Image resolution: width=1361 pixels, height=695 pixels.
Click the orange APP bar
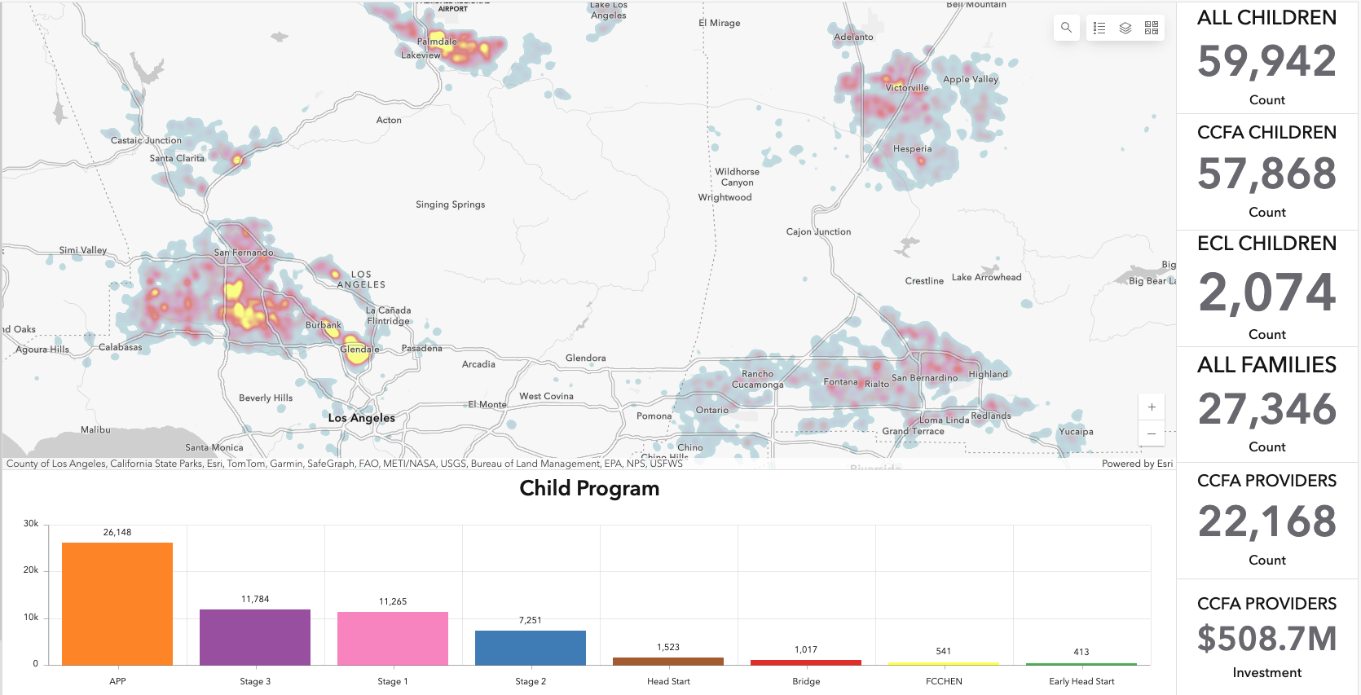[x=117, y=603]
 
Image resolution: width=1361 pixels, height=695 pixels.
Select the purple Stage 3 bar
[x=255, y=636]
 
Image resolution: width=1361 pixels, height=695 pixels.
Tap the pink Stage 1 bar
[x=393, y=638]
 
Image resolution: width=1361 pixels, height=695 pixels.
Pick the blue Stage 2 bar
[x=531, y=647]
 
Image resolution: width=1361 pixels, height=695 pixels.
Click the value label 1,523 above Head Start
[x=668, y=647]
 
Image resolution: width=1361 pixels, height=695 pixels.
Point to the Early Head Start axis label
[x=1081, y=681]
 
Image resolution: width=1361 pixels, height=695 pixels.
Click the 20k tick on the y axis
[x=31, y=570]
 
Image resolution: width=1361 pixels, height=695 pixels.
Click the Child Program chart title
[x=589, y=489]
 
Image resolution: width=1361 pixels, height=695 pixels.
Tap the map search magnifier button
[x=1066, y=28]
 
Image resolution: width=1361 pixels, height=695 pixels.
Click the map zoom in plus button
[x=1152, y=407]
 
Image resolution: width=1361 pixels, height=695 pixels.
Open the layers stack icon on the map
[x=1125, y=28]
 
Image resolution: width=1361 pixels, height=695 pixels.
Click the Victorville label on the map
[x=907, y=88]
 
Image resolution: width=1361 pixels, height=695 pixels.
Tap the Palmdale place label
[x=437, y=42]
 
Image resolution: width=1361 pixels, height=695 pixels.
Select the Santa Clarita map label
[x=177, y=158]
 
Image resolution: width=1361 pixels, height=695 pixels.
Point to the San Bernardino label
[x=924, y=378]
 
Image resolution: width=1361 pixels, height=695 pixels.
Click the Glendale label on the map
[x=359, y=349]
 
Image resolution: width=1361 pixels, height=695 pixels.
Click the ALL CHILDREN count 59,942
[x=1266, y=62]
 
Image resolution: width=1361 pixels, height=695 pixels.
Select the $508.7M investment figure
[x=1266, y=639]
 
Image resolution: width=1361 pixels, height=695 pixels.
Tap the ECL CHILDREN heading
[x=1266, y=244]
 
